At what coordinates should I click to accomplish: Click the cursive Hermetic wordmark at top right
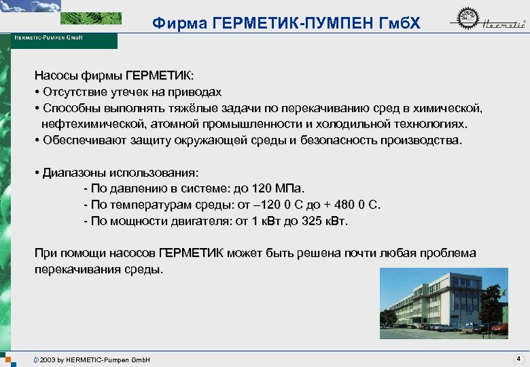pos(503,25)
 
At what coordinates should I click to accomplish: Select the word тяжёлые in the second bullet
pos(196,108)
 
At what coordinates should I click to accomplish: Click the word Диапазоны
pos(73,173)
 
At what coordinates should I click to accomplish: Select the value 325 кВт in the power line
pos(322,221)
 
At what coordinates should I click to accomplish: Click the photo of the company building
pos(444,303)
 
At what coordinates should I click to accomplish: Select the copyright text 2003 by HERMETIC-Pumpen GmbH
pos(94,359)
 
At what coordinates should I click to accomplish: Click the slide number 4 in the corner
pos(518,358)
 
